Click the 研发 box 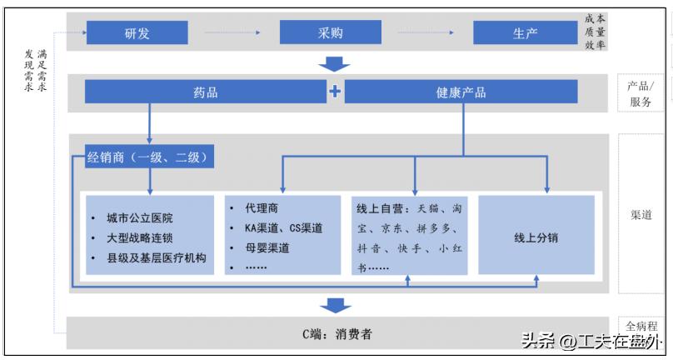pyautogui.click(x=137, y=33)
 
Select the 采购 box pyautogui.click(x=330, y=33)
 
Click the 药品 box pyautogui.click(x=205, y=92)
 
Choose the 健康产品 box pyautogui.click(x=461, y=92)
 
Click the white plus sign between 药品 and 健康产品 pyautogui.click(x=335, y=92)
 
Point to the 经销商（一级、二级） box pyautogui.click(x=151, y=156)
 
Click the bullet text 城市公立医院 pyautogui.click(x=139, y=218)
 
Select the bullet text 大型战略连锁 pyautogui.click(x=139, y=238)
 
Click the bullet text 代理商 pyautogui.click(x=262, y=208)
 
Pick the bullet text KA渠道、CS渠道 pyautogui.click(x=284, y=227)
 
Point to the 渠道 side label pyautogui.click(x=641, y=214)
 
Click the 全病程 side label pyautogui.click(x=641, y=326)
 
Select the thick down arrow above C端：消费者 pyautogui.click(x=336, y=305)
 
